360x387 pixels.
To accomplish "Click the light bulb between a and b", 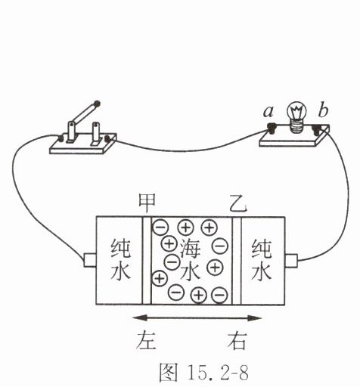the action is click(296, 116).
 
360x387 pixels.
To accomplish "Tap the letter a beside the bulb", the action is click(268, 112).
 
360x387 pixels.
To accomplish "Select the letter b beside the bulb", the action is click(323, 110).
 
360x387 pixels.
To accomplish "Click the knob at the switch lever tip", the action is click(97, 104).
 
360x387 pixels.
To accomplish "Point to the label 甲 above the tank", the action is click(147, 203).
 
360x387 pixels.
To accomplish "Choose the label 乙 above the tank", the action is click(238, 203).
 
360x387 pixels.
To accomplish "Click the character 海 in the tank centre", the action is click(190, 248).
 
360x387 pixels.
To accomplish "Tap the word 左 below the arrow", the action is click(146, 340).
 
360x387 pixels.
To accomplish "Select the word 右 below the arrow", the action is click(237, 340).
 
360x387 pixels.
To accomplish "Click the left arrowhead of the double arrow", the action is click(138, 318).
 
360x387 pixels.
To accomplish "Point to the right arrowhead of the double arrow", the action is click(254, 318).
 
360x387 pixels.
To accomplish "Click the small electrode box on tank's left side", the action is click(90, 260).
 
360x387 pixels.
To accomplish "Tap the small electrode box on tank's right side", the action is click(291, 261).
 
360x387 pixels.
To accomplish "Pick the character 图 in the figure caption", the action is click(169, 372).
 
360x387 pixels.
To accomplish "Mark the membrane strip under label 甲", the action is click(147, 261).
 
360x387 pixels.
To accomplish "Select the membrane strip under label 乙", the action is click(237, 261).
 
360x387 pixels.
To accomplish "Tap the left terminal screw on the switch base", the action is click(61, 138).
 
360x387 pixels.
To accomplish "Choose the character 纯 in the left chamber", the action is click(121, 249).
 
